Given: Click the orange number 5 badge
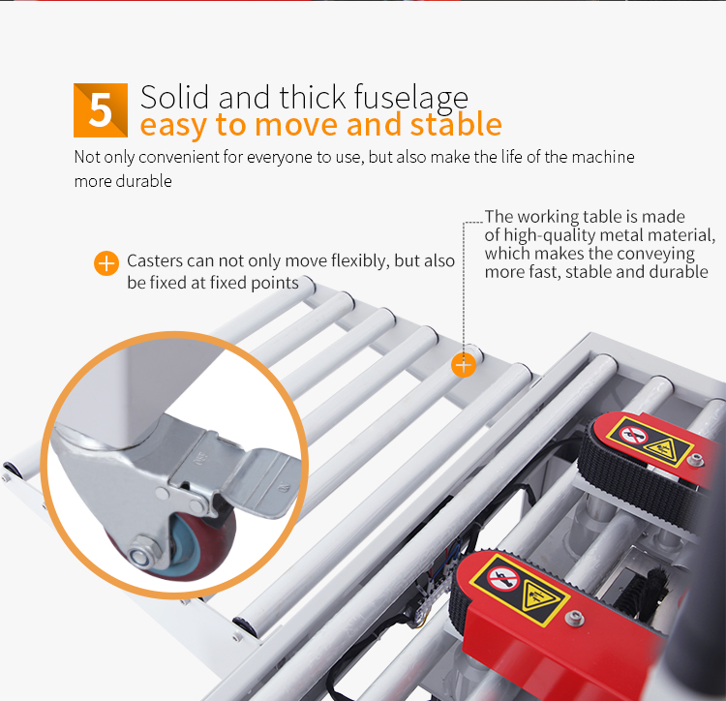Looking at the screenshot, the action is [101, 110].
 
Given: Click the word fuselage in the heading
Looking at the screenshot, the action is [411, 99].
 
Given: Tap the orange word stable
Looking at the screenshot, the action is [456, 124].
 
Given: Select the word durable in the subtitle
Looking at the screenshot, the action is [143, 181].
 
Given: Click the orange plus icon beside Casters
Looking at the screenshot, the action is [106, 263].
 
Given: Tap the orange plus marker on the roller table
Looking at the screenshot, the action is [464, 365].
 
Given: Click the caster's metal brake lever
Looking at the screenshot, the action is [260, 481].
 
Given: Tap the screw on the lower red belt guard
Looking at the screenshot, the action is [575, 617].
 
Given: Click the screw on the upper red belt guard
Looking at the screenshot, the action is [695, 459].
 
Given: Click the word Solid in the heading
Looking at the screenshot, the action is [174, 98].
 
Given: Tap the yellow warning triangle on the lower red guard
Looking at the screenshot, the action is [538, 598].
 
